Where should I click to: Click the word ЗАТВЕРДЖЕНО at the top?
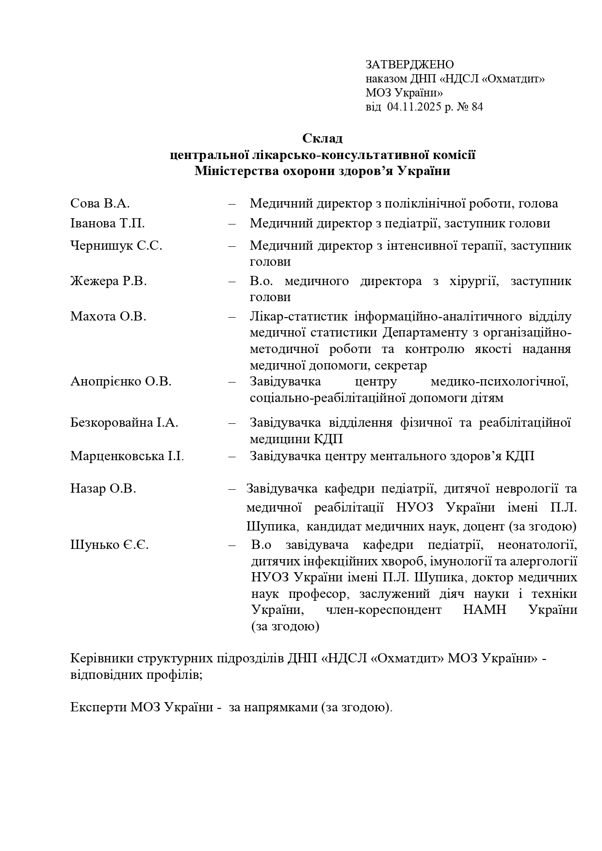[409, 64]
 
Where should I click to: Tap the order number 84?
[477, 107]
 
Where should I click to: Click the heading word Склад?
[322, 138]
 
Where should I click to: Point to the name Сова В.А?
[100, 203]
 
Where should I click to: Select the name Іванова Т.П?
[107, 224]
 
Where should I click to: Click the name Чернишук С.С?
[116, 245]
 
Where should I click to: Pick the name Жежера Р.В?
[108, 281]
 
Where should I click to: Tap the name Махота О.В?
[108, 317]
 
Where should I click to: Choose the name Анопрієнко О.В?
[121, 382]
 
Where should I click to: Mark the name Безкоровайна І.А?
[124, 423]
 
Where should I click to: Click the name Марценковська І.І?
[127, 456]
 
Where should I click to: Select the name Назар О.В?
[103, 489]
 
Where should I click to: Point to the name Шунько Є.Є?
[109, 545]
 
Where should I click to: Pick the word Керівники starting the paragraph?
[102, 658]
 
